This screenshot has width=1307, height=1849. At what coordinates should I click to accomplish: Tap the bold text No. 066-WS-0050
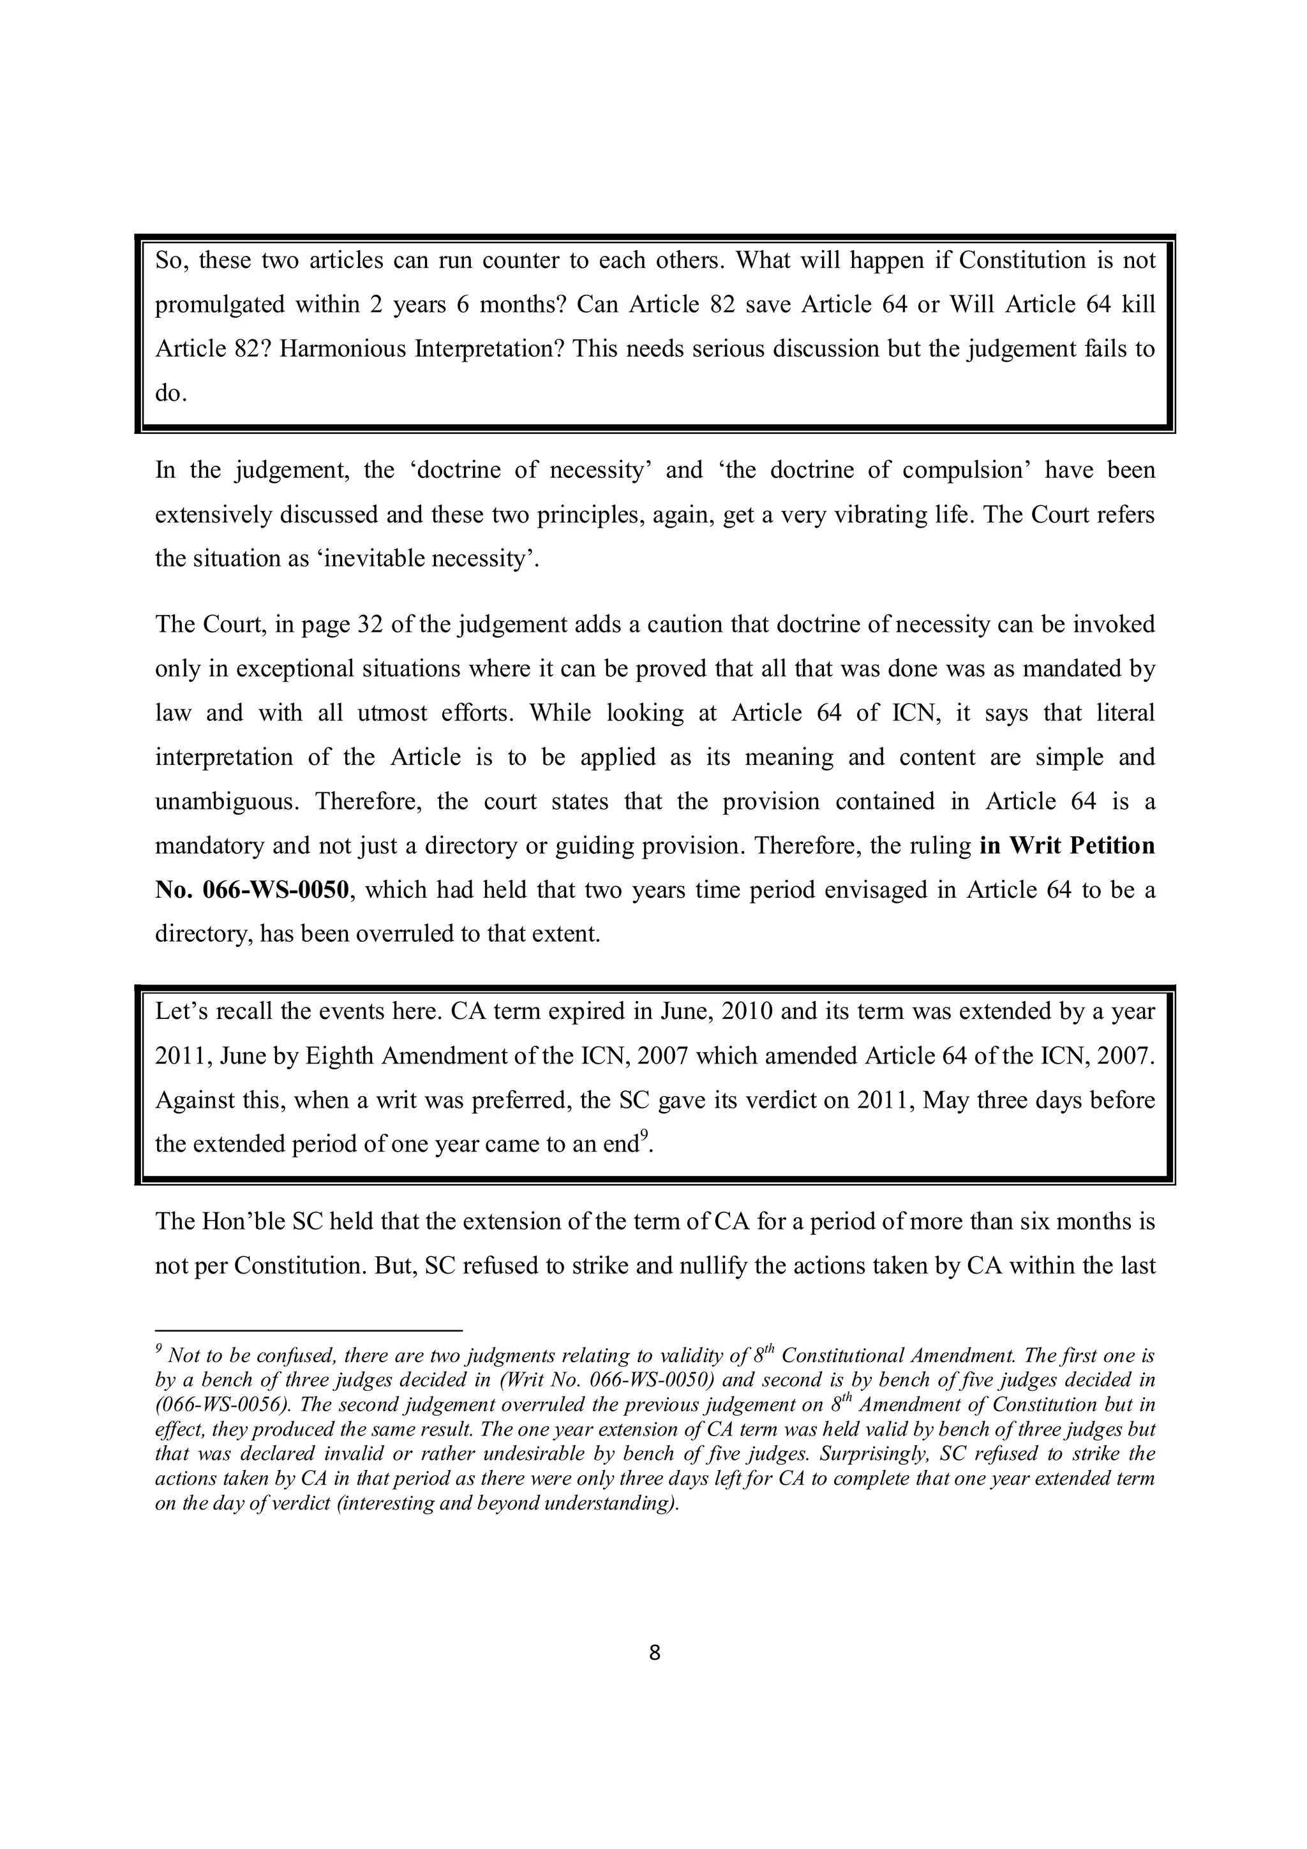[252, 890]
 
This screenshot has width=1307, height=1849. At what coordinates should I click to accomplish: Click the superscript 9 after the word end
[644, 1136]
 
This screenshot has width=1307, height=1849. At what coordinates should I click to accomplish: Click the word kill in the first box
[1138, 304]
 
